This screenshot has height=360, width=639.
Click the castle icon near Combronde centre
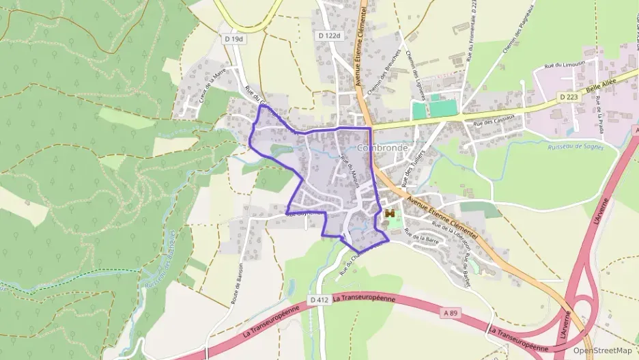click(x=390, y=214)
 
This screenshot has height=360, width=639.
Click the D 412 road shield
click(x=317, y=299)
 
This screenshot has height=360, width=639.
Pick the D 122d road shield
click(x=329, y=35)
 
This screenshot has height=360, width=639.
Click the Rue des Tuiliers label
click(x=415, y=167)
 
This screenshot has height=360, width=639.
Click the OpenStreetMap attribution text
click(x=602, y=350)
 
